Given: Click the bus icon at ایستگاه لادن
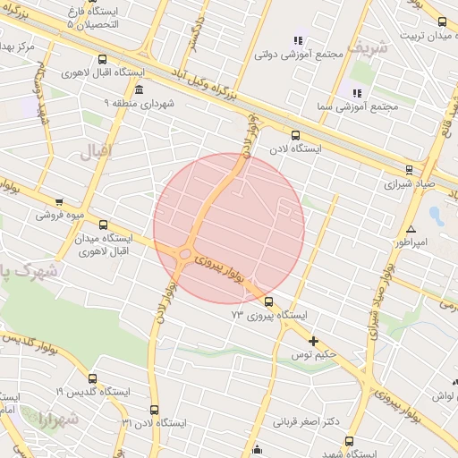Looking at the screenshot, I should [296, 136].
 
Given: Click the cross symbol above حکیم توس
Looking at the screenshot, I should [313, 341].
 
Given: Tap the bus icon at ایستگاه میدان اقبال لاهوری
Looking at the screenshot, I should [103, 225].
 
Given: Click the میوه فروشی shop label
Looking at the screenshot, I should [59, 215].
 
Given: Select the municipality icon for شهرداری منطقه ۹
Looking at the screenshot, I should [138, 90].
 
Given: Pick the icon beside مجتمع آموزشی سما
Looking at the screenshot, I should [357, 92].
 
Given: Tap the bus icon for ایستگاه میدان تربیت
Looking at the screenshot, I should [442, 21].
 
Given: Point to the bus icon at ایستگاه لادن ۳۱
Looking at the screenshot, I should [154, 409].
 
